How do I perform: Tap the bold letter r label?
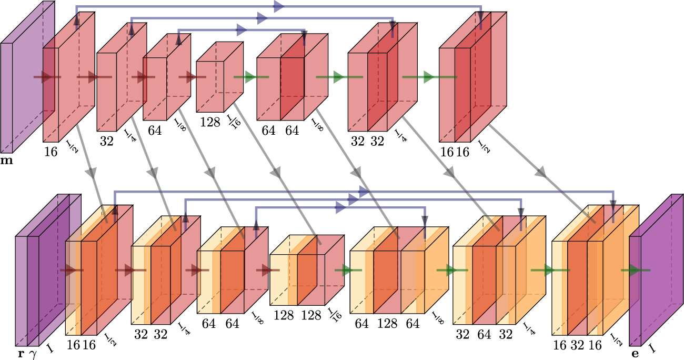click(x=21, y=354)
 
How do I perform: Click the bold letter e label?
click(x=635, y=354)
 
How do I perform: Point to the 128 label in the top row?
click(x=210, y=122)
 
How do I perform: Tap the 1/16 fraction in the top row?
click(x=232, y=122)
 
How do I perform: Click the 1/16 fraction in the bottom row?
click(x=333, y=316)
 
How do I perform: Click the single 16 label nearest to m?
click(x=51, y=152)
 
